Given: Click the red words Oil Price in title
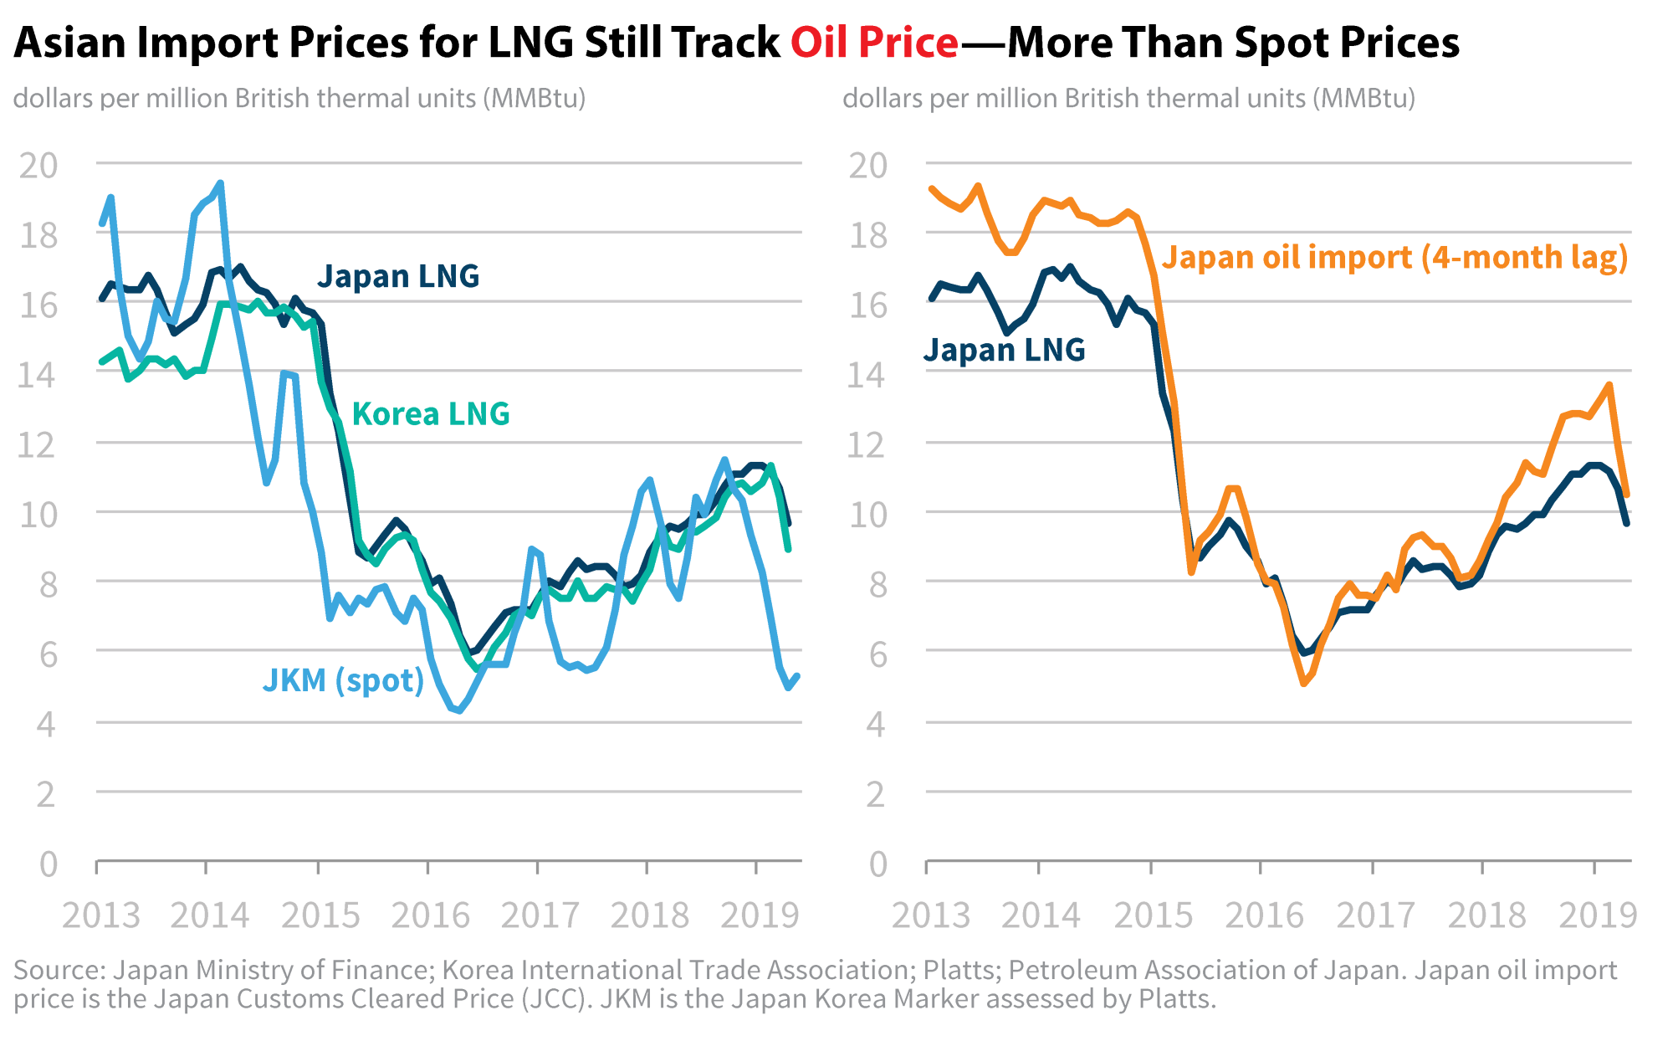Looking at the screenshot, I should (x=874, y=42).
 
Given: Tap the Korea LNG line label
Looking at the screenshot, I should (x=431, y=413).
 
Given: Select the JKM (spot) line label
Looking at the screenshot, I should (x=344, y=679).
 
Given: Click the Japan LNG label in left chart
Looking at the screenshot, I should (x=398, y=275).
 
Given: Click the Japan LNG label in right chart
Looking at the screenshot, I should (x=1005, y=349).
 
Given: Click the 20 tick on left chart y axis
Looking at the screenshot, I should (x=38, y=166).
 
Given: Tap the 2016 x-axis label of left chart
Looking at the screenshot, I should (x=431, y=915).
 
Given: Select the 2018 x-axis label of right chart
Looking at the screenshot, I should (x=1486, y=915).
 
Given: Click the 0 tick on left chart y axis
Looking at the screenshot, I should (x=49, y=864).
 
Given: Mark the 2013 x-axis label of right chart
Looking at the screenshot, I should (x=931, y=915).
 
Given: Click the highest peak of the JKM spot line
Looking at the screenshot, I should (x=220, y=182).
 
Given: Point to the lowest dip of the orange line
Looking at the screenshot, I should (x=1304, y=684).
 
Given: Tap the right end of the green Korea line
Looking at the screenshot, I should (x=789, y=549).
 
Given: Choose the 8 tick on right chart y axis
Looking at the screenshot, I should (x=877, y=584).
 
